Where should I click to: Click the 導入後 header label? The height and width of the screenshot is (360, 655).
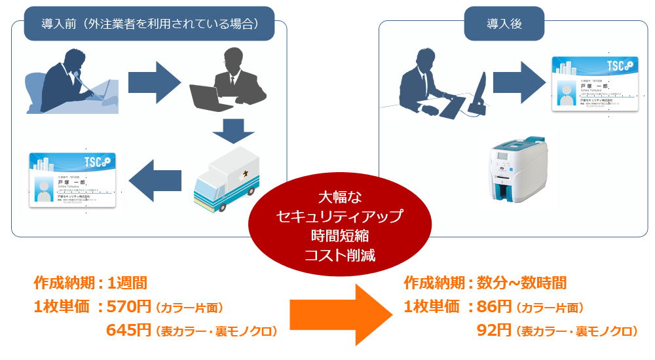click(x=504, y=24)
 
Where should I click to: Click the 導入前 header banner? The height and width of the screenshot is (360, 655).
click(x=149, y=24)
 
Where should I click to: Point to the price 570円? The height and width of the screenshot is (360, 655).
click(x=129, y=306)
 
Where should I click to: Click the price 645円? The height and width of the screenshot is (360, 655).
click(x=129, y=331)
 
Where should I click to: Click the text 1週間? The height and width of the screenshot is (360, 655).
click(x=127, y=283)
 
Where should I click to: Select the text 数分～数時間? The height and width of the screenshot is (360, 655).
click(x=521, y=283)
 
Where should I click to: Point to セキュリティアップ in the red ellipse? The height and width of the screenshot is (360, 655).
click(x=339, y=215)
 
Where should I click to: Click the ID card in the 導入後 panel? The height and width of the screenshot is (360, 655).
click(x=594, y=84)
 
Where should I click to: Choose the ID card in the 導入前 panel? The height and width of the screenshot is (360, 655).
click(x=72, y=179)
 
